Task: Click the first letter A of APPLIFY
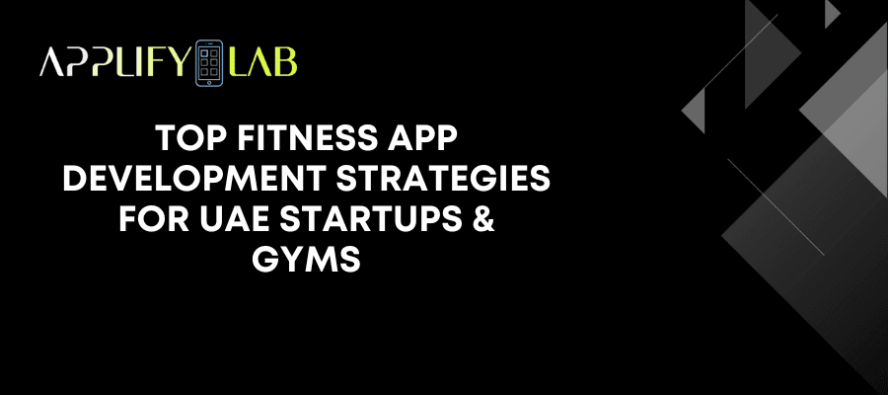[50, 62]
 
